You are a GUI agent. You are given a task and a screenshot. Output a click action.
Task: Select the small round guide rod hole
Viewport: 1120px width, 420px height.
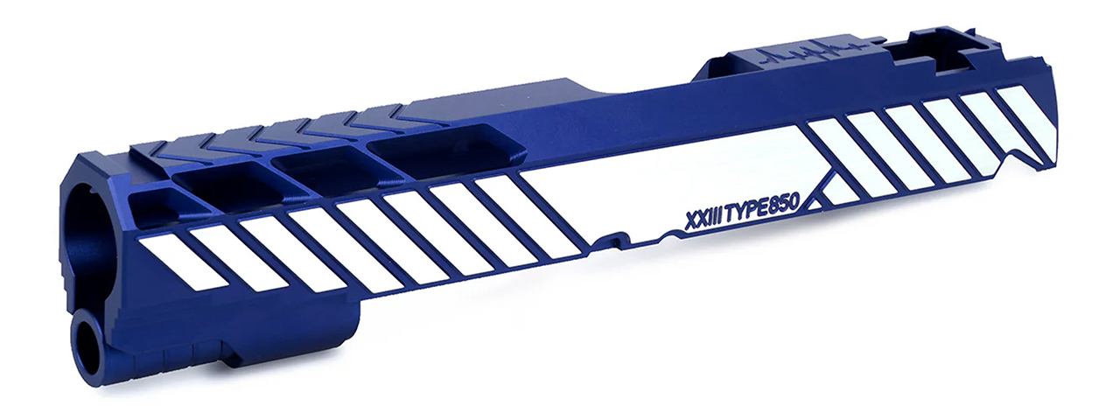87,342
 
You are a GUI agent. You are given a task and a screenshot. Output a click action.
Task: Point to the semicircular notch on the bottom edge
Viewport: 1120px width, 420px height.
674,234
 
